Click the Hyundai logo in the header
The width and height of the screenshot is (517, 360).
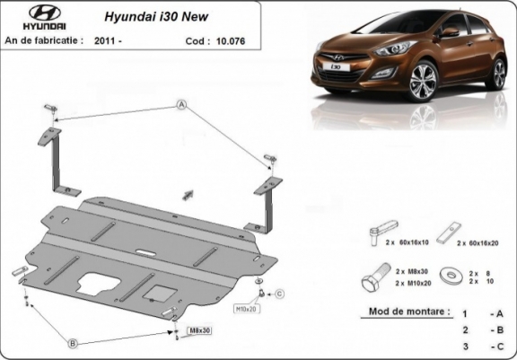coord(30,18)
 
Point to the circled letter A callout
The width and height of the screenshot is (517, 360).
coord(180,106)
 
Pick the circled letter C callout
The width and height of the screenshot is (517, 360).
coord(279,294)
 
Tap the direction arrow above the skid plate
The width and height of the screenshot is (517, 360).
coord(188,193)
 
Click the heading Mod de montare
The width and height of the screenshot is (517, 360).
coord(408,312)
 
